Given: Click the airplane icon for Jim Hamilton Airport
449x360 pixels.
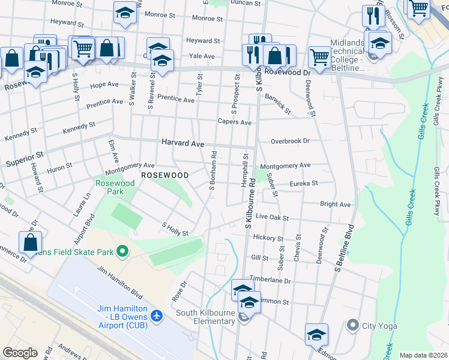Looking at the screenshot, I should (157, 315).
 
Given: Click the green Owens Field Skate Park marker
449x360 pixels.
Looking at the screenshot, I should (122, 251).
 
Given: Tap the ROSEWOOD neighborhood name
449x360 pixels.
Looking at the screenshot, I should (164, 175).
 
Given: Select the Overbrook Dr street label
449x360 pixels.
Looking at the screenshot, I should (289, 142).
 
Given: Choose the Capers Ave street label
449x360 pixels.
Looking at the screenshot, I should (234, 122).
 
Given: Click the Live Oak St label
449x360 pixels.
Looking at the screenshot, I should (272, 217).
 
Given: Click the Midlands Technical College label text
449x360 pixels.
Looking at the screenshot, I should (347, 55).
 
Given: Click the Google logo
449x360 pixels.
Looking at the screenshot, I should (20, 353).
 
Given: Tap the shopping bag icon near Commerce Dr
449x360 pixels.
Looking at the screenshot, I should (30, 243).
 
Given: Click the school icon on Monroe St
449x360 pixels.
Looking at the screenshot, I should (125, 13).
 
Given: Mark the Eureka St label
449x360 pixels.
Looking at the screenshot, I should (303, 184).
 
